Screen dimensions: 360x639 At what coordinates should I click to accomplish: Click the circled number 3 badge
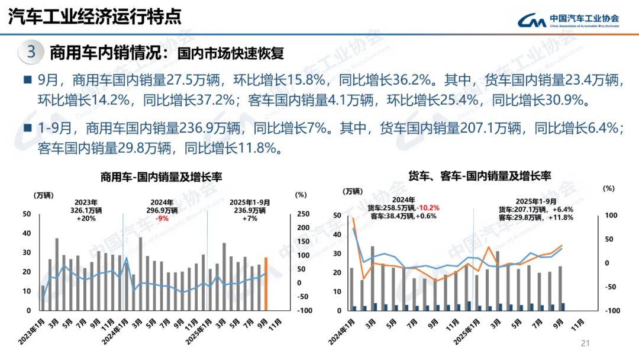(x=31, y=52)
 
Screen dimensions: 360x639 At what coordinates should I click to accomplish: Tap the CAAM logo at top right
(x=568, y=20)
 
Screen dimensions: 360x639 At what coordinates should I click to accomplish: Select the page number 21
(x=586, y=343)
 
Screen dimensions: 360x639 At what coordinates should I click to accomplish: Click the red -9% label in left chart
(x=162, y=218)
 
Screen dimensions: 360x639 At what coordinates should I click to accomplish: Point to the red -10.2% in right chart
(x=428, y=208)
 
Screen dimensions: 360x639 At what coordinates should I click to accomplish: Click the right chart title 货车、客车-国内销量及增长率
(x=479, y=176)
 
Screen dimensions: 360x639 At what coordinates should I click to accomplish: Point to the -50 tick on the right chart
(x=609, y=287)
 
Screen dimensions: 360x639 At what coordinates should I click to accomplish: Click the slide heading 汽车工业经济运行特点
(x=95, y=17)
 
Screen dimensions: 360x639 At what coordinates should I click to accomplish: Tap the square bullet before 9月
(x=27, y=80)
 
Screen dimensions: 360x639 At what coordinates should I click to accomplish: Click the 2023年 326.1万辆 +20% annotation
(x=86, y=210)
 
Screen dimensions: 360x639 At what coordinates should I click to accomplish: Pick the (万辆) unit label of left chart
(x=44, y=195)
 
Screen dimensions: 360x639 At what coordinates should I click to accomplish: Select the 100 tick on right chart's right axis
(x=610, y=215)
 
